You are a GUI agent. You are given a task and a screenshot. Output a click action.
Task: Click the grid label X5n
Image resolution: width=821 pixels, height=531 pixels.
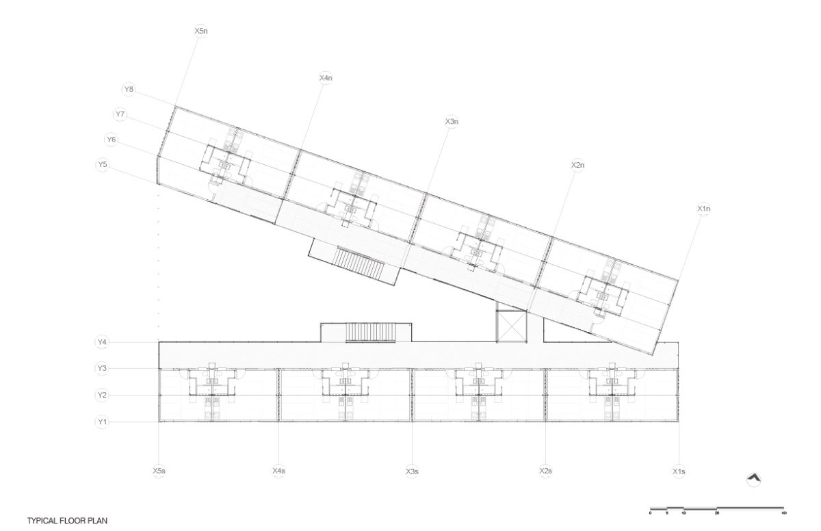tap(200, 31)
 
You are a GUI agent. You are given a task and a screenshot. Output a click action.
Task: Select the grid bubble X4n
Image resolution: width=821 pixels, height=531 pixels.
tap(326, 78)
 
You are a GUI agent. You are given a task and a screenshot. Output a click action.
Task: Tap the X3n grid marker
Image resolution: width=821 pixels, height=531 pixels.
tap(451, 122)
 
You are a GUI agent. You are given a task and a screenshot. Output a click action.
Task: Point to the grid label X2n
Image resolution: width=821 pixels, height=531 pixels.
tap(577, 166)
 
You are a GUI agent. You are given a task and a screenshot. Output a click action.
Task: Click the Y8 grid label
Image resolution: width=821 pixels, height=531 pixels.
tap(129, 89)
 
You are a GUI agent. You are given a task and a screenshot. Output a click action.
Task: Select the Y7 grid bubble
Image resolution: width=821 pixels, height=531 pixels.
tap(120, 114)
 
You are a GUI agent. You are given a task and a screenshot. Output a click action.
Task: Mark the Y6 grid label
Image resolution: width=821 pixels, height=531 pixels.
tap(112, 140)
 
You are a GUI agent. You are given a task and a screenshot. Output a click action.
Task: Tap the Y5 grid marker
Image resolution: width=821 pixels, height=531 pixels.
tap(103, 165)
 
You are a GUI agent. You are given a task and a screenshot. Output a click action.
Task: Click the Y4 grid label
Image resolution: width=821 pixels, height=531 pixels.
tap(103, 341)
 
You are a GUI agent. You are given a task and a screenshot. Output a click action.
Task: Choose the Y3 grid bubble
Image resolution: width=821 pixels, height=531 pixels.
tap(103, 369)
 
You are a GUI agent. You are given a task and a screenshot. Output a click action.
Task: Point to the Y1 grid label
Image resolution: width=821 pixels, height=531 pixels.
tap(103, 422)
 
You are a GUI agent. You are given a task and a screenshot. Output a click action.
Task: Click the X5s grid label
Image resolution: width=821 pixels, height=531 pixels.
tap(159, 471)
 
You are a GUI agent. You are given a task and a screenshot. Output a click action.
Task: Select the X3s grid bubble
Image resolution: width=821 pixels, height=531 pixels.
tap(412, 471)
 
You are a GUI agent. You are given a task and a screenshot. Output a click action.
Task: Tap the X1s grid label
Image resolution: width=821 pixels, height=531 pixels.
tap(679, 471)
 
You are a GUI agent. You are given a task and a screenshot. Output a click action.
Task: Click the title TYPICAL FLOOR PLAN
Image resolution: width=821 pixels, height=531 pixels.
tap(67, 521)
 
